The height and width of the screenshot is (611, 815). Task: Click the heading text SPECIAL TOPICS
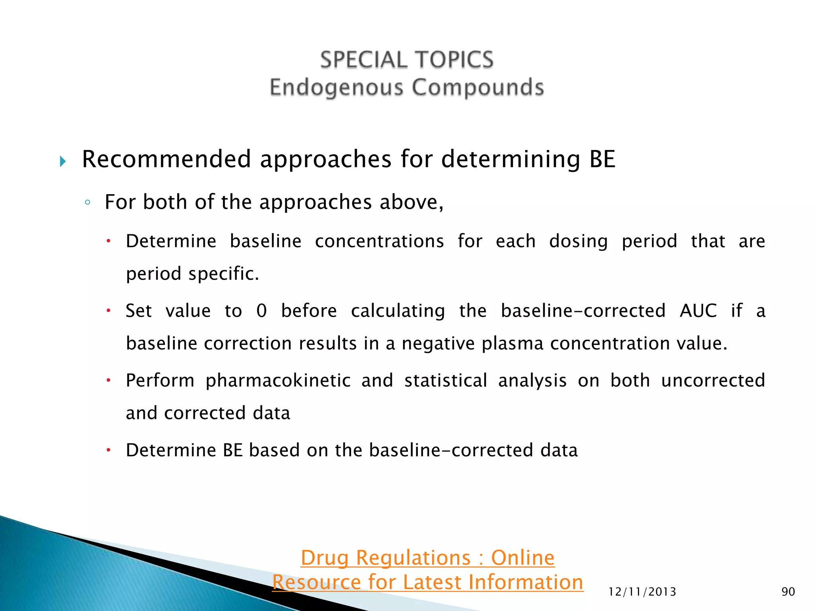coord(407,60)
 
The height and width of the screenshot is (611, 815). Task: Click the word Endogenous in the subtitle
coord(337,88)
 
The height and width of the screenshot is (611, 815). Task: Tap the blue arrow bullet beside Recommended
coord(63,162)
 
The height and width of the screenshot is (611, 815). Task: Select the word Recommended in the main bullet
coord(166,159)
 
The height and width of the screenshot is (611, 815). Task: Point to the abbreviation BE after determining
coord(602,159)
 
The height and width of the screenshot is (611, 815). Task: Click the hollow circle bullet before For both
coord(88,202)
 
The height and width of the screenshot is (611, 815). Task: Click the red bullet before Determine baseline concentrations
coord(108,241)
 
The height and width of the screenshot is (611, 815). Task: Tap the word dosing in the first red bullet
coord(578,241)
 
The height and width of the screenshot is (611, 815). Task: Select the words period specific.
coord(192,274)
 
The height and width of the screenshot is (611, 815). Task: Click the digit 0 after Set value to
coord(261,311)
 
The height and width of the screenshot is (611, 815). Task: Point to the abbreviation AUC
coord(698,311)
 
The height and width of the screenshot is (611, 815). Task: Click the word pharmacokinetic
coord(278,380)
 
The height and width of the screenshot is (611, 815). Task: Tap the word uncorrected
coord(713,380)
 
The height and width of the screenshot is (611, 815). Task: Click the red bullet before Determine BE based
coord(108,450)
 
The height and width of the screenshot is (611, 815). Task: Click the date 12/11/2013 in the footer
coord(642,592)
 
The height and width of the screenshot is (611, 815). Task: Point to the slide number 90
coord(788,592)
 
